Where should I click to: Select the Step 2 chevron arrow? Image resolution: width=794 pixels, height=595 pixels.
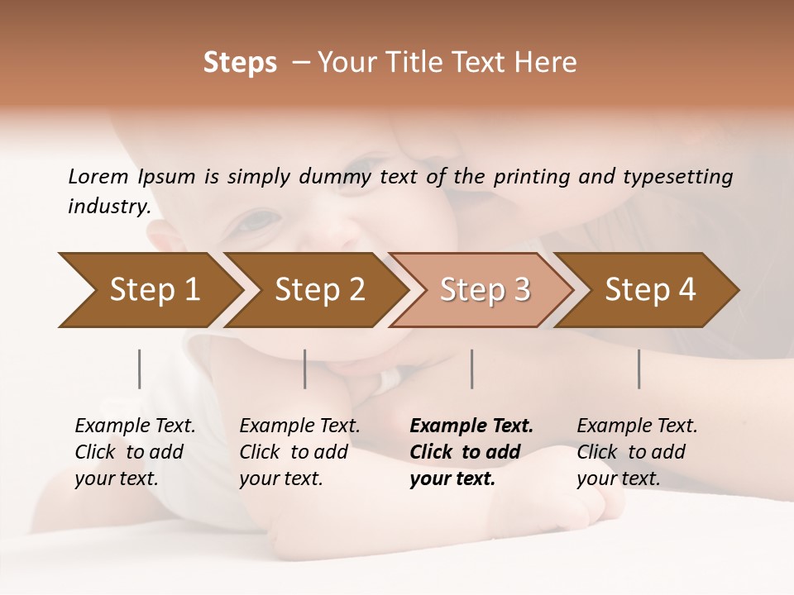point(318,290)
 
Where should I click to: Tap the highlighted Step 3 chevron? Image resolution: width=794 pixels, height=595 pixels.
point(484,290)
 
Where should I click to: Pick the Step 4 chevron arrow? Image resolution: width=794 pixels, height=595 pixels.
point(649,290)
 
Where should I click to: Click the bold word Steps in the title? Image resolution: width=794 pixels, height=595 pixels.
point(240,63)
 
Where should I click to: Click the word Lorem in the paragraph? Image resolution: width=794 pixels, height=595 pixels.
point(98,176)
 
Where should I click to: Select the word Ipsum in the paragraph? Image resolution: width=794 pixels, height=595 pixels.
point(166,176)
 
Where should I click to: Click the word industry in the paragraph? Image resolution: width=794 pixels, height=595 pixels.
point(108,206)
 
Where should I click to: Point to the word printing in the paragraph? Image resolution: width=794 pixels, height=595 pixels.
point(529,176)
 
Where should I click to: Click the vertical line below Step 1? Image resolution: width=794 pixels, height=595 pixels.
point(139,369)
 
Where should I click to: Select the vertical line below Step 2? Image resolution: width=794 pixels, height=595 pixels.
point(305,369)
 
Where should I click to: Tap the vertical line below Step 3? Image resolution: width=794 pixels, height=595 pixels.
point(471,369)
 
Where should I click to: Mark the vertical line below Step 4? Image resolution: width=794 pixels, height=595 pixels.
point(639,369)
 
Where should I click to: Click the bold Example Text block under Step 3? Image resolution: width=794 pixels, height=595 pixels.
point(471,452)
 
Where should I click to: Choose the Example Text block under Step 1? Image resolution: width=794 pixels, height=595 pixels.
point(135,452)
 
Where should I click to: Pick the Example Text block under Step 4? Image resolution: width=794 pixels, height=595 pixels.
point(637,452)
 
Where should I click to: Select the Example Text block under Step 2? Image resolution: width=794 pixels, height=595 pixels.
point(299,452)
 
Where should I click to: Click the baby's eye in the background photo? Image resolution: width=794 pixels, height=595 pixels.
point(258,221)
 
